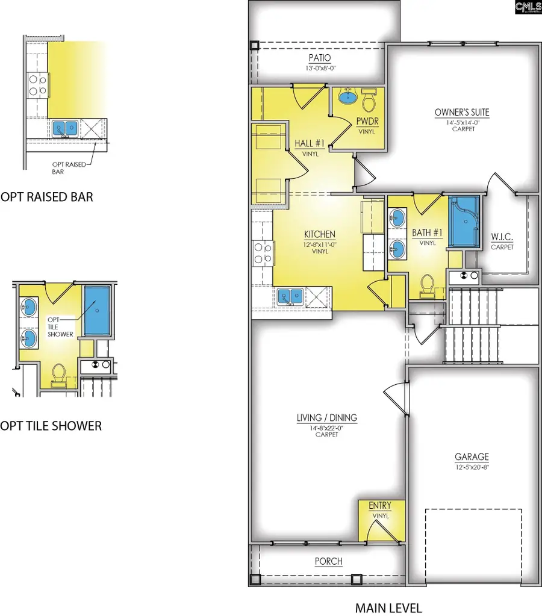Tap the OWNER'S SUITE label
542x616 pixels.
[x=462, y=112]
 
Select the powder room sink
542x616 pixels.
[x=346, y=96]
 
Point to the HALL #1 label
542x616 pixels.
[x=310, y=143]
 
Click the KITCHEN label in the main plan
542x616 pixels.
[x=320, y=234]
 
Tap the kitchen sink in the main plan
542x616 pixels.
[x=291, y=296]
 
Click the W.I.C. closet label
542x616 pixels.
[x=502, y=237]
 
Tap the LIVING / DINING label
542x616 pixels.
[x=327, y=417]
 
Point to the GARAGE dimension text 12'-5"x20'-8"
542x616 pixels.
[x=472, y=467]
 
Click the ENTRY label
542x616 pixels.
[x=379, y=505]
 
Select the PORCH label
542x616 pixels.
[x=328, y=561]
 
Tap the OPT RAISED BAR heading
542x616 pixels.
[x=47, y=197]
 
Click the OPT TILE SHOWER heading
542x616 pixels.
[x=51, y=426]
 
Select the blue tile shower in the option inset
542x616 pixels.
[x=96, y=311]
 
